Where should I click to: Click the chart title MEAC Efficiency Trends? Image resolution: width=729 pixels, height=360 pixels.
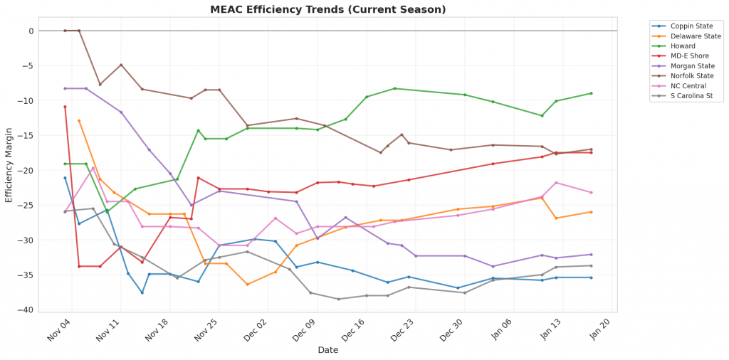pyautogui.click(x=328, y=9)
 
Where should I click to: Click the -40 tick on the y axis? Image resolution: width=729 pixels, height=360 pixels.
pyautogui.click(x=26, y=310)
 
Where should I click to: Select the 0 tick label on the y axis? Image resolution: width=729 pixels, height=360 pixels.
pyautogui.click(x=31, y=31)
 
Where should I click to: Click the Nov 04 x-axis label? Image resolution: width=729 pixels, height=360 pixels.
pyautogui.click(x=59, y=331)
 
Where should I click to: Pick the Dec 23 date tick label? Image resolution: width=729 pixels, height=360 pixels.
pyautogui.click(x=402, y=331)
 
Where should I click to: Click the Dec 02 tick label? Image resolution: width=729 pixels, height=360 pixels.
pyautogui.click(x=255, y=331)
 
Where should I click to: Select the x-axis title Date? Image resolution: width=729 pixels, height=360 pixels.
pyautogui.click(x=328, y=350)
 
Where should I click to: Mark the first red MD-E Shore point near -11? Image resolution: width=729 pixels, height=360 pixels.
pyautogui.click(x=65, y=107)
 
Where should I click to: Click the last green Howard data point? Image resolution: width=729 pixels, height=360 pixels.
pyautogui.click(x=591, y=93)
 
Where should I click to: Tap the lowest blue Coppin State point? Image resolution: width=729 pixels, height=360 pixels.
pyautogui.click(x=142, y=292)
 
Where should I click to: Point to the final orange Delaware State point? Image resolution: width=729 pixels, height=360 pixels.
pyautogui.click(x=591, y=212)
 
